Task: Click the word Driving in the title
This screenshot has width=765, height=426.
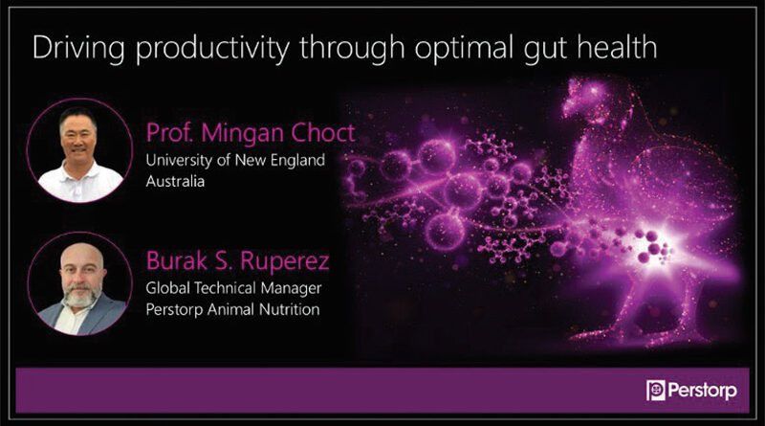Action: click(78, 49)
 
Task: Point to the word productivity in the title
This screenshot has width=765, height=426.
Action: click(212, 50)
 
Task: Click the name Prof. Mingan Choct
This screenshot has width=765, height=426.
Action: click(251, 132)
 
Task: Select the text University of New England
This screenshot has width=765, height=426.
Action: click(235, 160)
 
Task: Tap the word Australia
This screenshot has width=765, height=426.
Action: click(175, 181)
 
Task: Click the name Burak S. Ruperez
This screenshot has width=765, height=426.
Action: click(237, 261)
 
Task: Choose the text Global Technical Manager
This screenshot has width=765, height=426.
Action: click(233, 288)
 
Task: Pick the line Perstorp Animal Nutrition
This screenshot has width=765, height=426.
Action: click(232, 309)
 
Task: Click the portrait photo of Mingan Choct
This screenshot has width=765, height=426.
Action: click(79, 150)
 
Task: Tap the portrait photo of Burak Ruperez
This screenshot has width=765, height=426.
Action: click(80, 284)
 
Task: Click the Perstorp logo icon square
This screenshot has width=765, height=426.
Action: click(656, 391)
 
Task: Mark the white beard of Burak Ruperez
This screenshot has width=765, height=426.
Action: click(80, 297)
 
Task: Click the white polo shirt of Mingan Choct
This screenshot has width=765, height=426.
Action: click(79, 182)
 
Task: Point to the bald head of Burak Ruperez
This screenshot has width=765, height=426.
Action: click(82, 255)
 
